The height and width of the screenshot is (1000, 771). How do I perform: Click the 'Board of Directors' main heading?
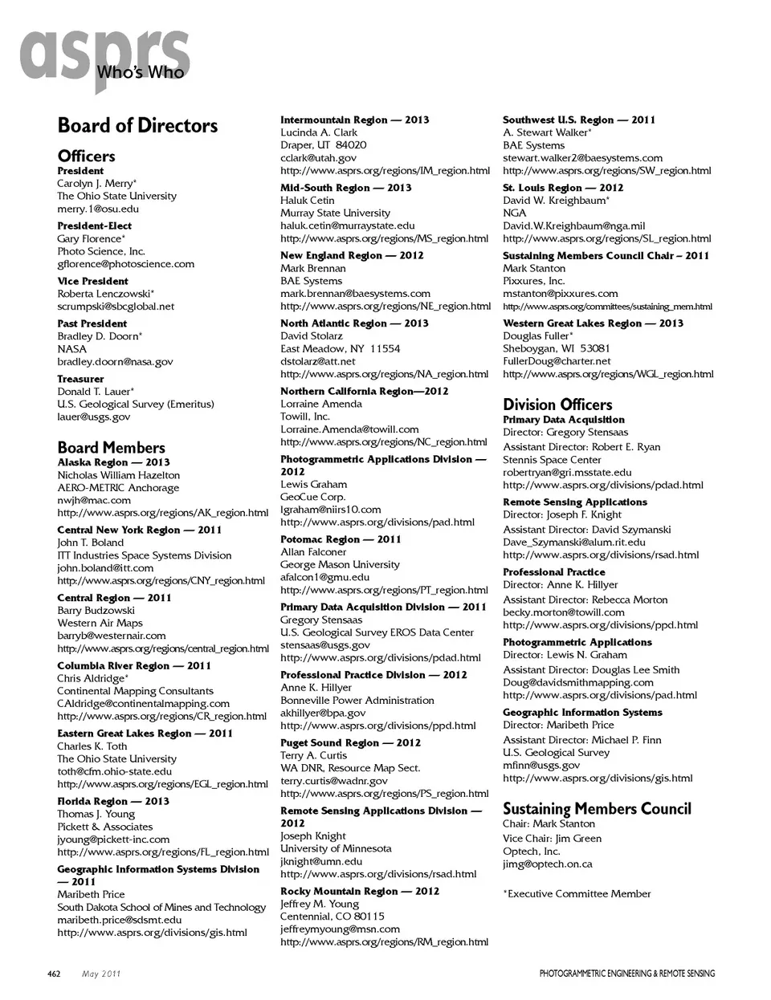tap(137, 126)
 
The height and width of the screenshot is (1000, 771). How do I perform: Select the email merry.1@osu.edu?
tap(98, 209)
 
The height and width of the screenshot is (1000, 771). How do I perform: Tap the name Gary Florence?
tap(91, 238)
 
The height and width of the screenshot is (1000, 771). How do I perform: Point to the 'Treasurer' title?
tap(80, 379)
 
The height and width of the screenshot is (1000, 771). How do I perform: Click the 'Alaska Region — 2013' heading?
tap(113, 462)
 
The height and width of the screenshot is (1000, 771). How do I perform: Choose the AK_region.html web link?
tap(162, 513)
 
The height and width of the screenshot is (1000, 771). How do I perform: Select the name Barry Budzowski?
tap(96, 610)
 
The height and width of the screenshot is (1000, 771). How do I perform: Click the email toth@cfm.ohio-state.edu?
tap(114, 771)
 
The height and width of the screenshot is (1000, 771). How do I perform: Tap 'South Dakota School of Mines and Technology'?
tap(161, 907)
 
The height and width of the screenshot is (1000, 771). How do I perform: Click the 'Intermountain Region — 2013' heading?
tap(354, 120)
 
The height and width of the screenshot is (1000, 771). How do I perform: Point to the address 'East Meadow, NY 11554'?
tap(340, 348)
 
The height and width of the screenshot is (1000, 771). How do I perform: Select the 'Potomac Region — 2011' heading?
tap(340, 539)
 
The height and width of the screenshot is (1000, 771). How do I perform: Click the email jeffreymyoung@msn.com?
tap(340, 929)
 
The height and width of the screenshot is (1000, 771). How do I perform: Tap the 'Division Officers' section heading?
tap(557, 404)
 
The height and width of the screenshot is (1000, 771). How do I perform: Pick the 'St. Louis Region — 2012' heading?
tap(563, 188)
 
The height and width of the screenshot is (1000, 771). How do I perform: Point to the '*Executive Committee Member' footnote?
tap(577, 893)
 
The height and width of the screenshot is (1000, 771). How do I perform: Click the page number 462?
tap(54, 974)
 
